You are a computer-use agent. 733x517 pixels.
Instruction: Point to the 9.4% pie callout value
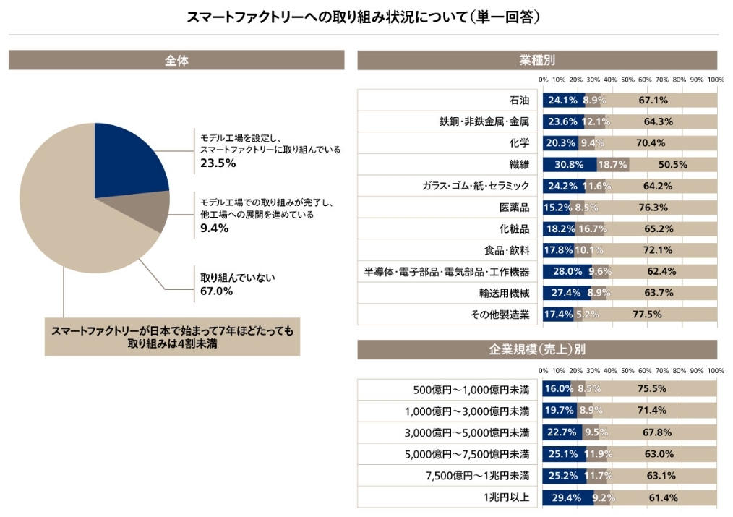pos(214,228)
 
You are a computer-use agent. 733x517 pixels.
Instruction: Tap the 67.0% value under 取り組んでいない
pos(216,291)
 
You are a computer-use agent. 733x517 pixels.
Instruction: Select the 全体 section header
pos(176,61)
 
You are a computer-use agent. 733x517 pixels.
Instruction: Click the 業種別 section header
pos(537,61)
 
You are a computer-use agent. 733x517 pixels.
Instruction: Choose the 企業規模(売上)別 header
pos(537,350)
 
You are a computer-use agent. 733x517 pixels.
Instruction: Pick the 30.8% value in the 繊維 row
pos(569,165)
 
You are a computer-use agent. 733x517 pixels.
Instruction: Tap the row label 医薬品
pos(514,208)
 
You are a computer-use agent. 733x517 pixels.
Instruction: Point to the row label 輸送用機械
pos(505,293)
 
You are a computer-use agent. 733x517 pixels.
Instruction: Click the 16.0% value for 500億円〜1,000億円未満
pos(559,389)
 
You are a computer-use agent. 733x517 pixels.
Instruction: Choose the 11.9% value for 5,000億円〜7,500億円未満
pos(599,454)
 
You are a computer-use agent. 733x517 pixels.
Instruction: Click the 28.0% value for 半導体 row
pos(567,272)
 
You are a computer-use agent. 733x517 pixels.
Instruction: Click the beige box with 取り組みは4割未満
pos(172,338)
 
